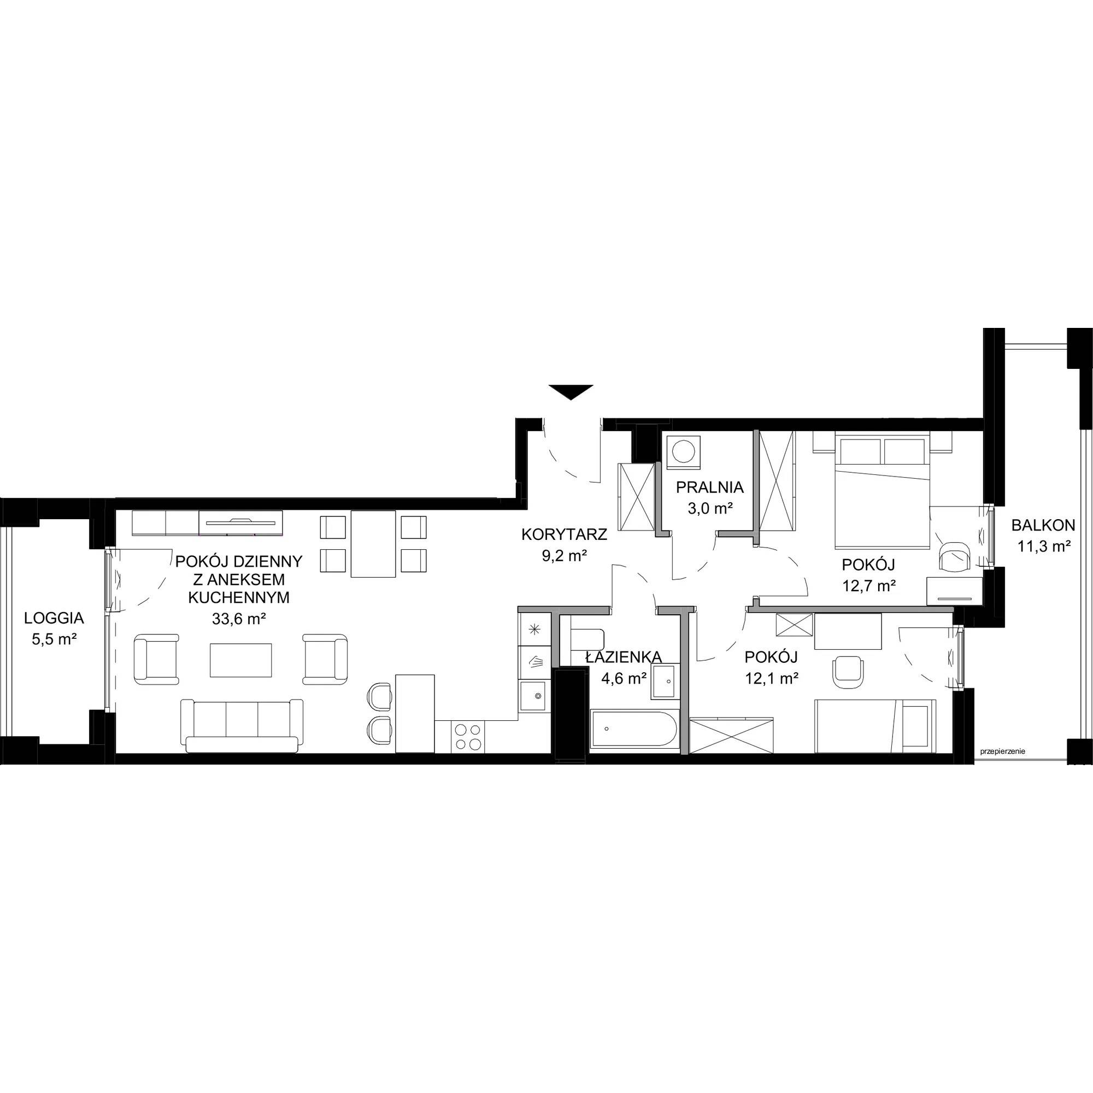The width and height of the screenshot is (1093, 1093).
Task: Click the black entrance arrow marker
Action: point(570,391)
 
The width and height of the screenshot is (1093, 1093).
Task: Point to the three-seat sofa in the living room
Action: point(242,726)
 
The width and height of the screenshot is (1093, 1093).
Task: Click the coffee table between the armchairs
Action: point(242,660)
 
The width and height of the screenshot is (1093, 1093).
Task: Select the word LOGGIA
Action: point(54,618)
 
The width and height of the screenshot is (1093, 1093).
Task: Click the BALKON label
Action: point(1043,526)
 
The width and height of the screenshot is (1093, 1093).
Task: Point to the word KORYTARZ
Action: point(564,534)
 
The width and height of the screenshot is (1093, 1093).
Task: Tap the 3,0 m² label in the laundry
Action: point(709,509)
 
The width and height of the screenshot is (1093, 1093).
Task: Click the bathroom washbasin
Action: point(664,682)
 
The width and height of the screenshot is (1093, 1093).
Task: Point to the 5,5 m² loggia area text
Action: point(54,639)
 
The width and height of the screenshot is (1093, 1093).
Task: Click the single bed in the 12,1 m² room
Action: point(875,726)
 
